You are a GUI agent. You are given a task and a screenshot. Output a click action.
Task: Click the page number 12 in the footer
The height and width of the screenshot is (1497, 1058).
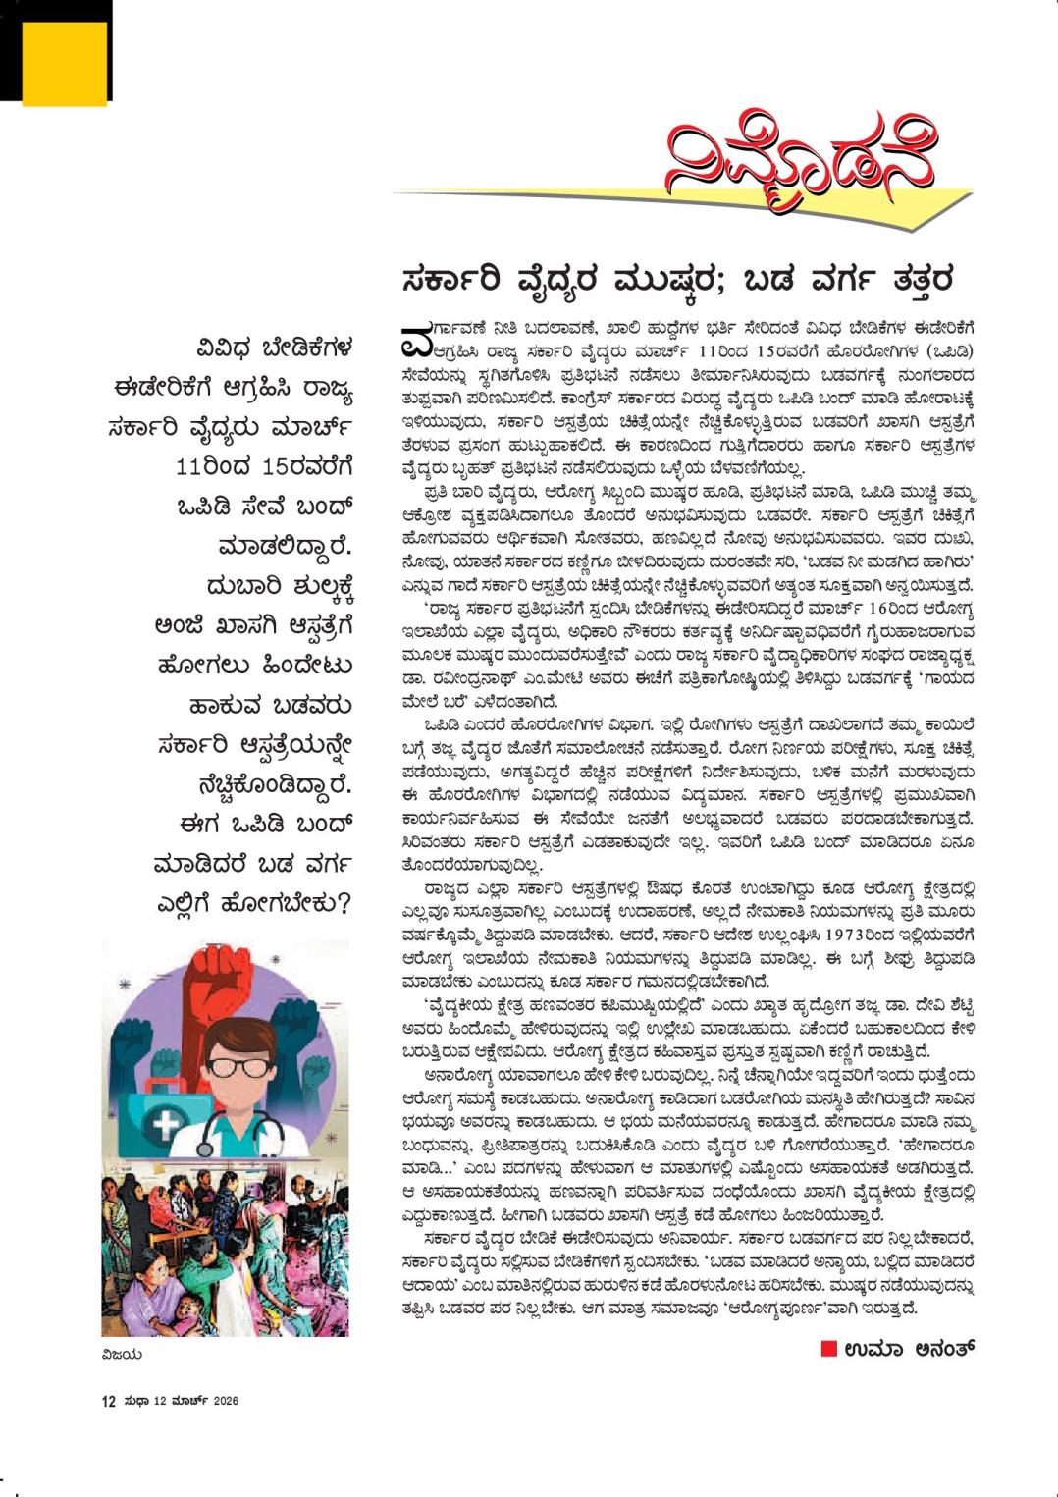click(x=109, y=1402)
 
